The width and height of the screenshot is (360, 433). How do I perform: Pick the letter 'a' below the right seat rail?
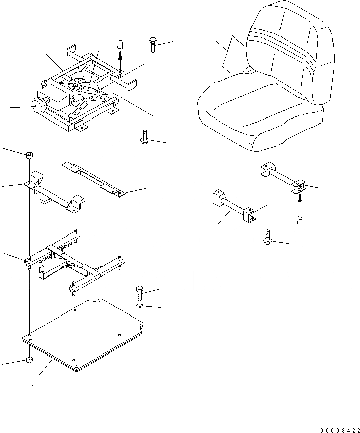(300, 219)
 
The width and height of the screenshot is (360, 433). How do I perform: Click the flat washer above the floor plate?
(140, 307)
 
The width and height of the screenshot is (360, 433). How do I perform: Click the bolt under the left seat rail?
(267, 238)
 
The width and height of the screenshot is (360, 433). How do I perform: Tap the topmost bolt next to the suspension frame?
(152, 44)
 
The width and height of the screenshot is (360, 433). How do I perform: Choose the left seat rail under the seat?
(233, 208)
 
